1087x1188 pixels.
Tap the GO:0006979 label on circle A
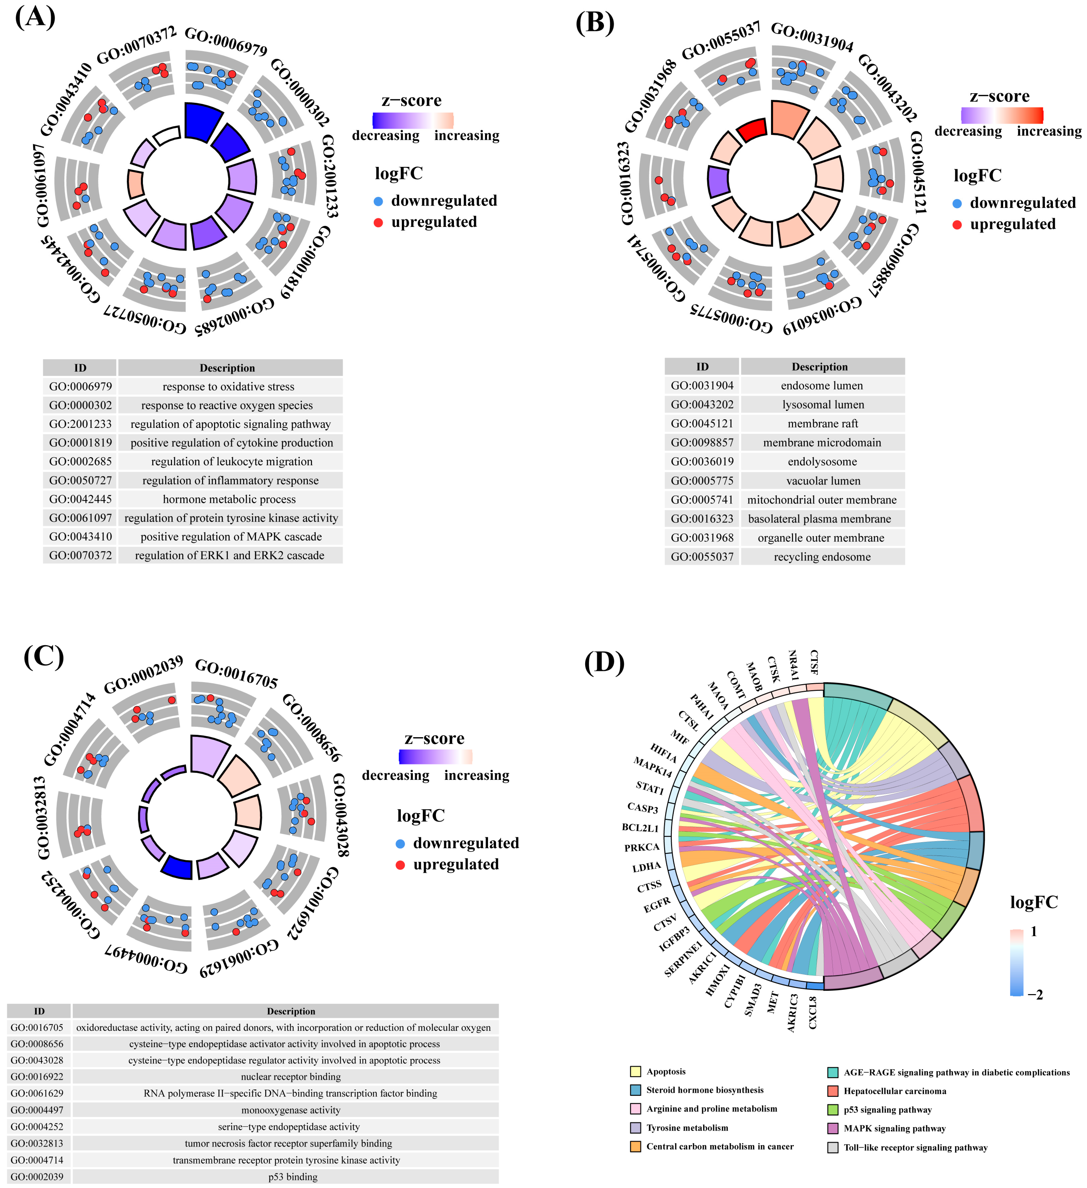(x=226, y=41)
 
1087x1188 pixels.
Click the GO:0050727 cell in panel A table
(x=80, y=480)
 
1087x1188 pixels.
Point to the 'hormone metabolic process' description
(x=229, y=499)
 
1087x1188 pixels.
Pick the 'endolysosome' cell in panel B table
(x=822, y=461)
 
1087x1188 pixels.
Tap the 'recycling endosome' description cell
(x=822, y=557)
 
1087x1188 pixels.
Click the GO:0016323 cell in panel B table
(x=702, y=519)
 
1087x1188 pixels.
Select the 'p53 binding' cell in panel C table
(x=293, y=1177)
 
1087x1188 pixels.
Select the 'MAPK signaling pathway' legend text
(x=894, y=1129)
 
